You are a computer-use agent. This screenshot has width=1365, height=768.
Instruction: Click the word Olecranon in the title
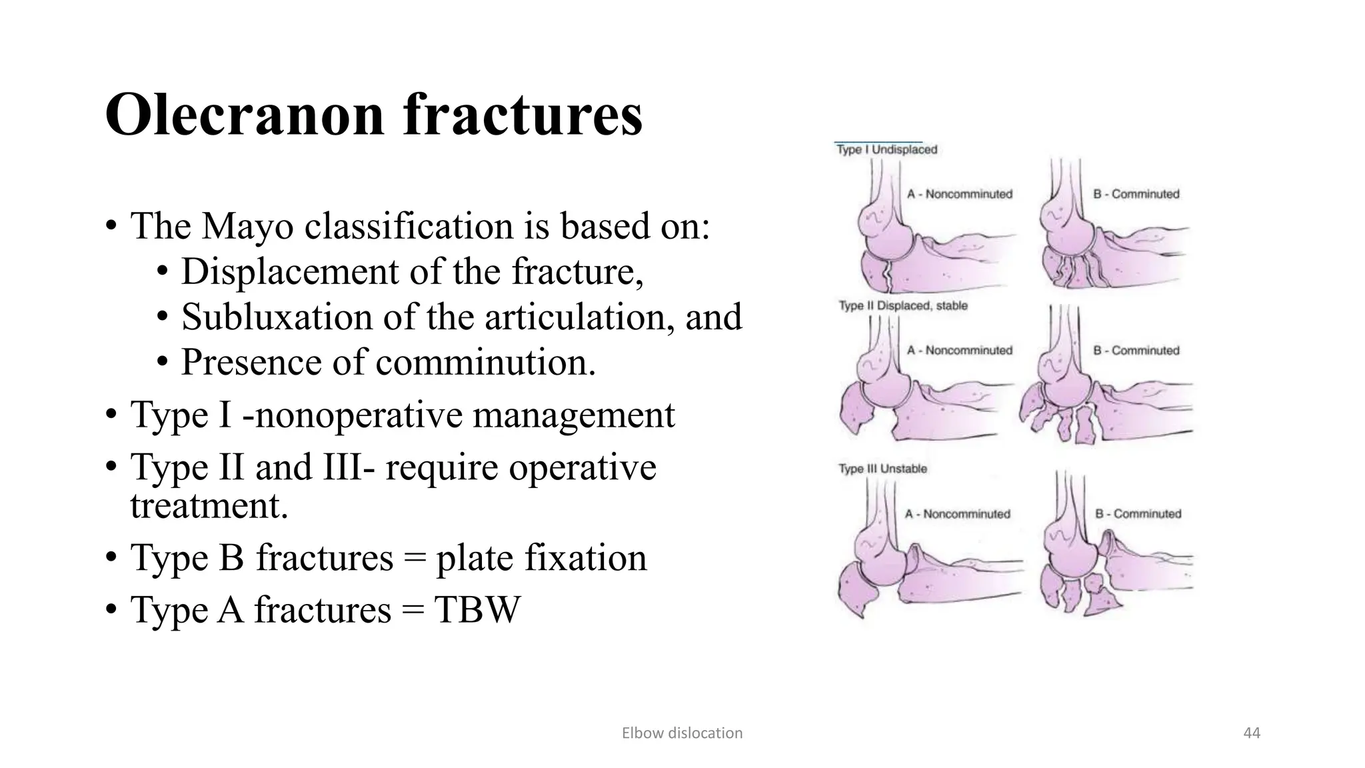[x=243, y=115]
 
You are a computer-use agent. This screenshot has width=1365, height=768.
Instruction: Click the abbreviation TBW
[x=477, y=609]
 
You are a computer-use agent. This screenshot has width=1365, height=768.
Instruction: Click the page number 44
[x=1252, y=733]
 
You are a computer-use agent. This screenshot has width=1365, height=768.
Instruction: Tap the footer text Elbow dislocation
[x=682, y=733]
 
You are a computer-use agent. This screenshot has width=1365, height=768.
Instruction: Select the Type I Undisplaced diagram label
[x=886, y=150]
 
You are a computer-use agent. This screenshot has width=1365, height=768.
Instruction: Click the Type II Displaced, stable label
[x=902, y=306]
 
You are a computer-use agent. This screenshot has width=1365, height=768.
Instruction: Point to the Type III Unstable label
[x=882, y=469]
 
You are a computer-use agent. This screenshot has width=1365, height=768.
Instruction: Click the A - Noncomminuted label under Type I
[x=959, y=194]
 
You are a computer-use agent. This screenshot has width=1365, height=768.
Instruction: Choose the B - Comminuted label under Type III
[x=1138, y=514]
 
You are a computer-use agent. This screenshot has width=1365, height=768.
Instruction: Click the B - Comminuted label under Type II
[x=1136, y=351]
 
